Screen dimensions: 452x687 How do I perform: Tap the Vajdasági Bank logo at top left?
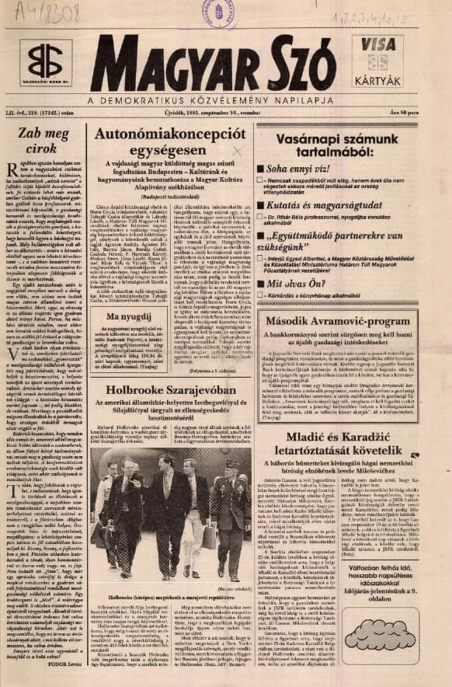click(46, 61)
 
